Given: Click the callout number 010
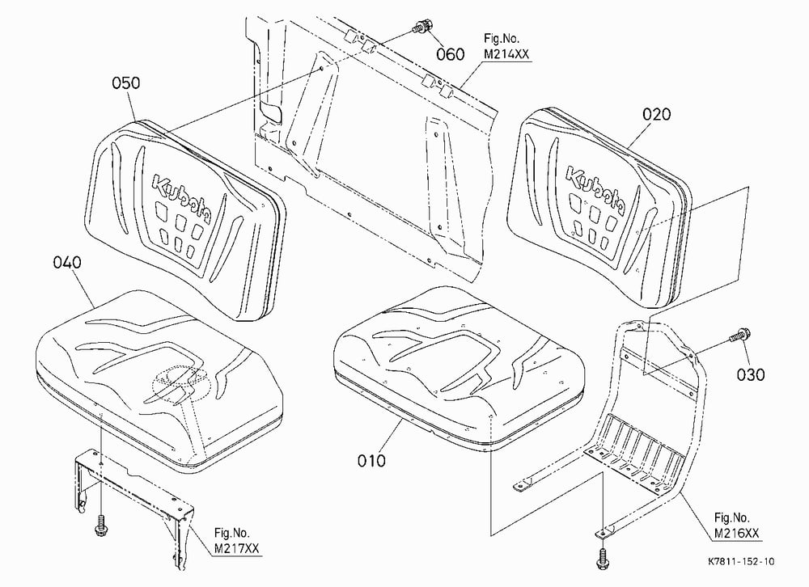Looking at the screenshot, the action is pos(371,460).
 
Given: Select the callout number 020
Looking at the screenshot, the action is pos(656,114).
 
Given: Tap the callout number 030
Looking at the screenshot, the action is pos(751,374).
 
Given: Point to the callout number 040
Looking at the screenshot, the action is pos(67,263).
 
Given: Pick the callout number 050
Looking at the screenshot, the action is pos(126,83).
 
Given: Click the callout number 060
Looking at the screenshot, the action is pos(451,54).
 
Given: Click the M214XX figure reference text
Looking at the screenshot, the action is pos(506,54).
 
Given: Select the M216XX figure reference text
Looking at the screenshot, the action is pos(737,534).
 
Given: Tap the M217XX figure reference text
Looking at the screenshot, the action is pos(237,549).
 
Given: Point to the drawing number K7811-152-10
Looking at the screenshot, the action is pos(741,562).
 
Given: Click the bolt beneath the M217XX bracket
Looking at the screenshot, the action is pos(100,526).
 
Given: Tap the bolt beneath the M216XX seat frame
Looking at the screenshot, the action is pos(602,558).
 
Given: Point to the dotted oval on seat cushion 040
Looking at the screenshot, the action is pos(182,384).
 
